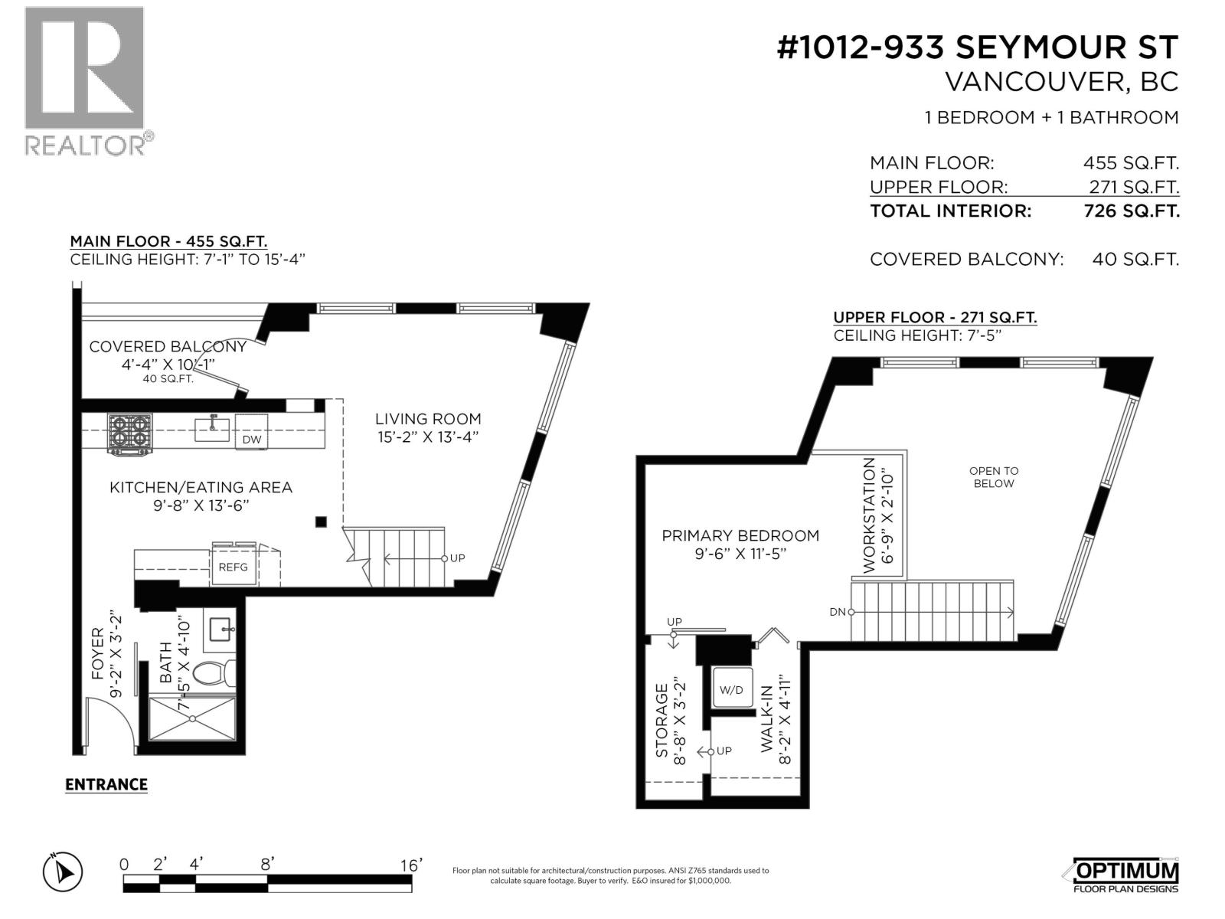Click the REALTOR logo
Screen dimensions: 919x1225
pyautogui.click(x=84, y=80)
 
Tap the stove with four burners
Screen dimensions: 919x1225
pyautogui.click(x=129, y=434)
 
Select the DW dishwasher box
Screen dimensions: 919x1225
pyautogui.click(x=251, y=433)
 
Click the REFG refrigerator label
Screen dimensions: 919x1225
pyautogui.click(x=234, y=567)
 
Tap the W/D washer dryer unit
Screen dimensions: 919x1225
pyautogui.click(x=731, y=689)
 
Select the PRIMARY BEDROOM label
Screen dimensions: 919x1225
pyautogui.click(x=740, y=535)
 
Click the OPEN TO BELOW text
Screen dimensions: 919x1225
pyautogui.click(x=994, y=477)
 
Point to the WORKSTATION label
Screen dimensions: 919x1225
pyautogui.click(x=868, y=515)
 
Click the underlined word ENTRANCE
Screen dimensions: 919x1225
pyautogui.click(x=106, y=784)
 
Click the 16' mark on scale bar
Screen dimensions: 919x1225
pyautogui.click(x=411, y=865)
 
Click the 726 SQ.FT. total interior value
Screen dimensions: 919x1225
pyautogui.click(x=1132, y=211)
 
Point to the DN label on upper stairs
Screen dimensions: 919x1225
pyautogui.click(x=837, y=611)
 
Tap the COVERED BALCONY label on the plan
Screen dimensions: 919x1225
pyautogui.click(x=168, y=346)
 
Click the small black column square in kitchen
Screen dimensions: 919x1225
pyautogui.click(x=321, y=522)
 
